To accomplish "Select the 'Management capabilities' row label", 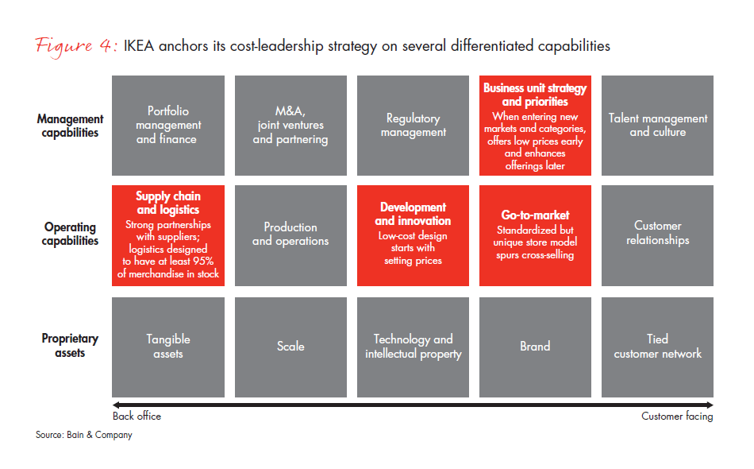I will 70,126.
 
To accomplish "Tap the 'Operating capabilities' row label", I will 70,234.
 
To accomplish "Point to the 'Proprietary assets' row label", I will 70,346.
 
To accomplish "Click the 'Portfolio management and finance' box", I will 167,126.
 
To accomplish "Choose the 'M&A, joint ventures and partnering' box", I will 290,126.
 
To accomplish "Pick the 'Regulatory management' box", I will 413,126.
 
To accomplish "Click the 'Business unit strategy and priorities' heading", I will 535,95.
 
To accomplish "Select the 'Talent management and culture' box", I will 657,126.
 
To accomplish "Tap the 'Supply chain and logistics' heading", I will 167,203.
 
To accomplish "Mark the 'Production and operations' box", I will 290,234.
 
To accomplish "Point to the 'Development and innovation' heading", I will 413,214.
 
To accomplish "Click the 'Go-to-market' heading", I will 535,215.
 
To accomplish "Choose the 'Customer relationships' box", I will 657,234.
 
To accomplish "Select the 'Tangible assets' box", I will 167,346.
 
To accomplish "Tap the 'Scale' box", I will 290,346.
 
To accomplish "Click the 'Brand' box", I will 535,346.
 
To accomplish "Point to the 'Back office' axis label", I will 137,416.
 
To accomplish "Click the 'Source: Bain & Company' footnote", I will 83,435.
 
